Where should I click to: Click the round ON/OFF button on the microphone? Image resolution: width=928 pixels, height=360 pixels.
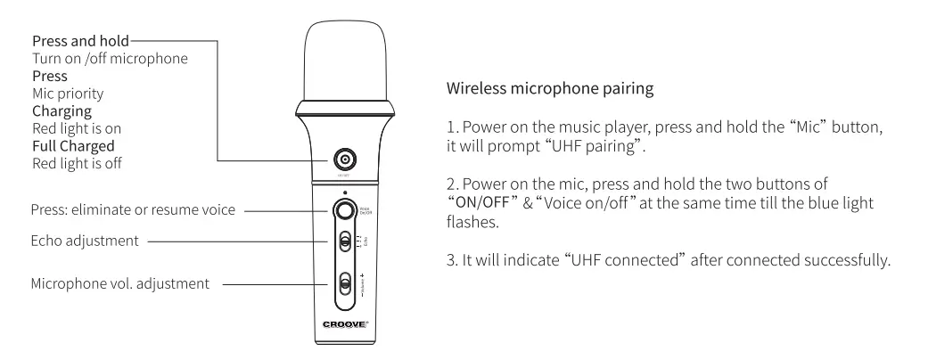coord(343,160)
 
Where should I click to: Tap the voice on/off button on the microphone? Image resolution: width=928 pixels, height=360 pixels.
coord(343,212)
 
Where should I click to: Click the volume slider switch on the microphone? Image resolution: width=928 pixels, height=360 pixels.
coord(344,286)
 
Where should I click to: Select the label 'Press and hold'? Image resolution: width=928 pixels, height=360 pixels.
coord(79,41)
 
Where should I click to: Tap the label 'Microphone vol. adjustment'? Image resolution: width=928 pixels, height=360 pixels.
coord(116,285)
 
